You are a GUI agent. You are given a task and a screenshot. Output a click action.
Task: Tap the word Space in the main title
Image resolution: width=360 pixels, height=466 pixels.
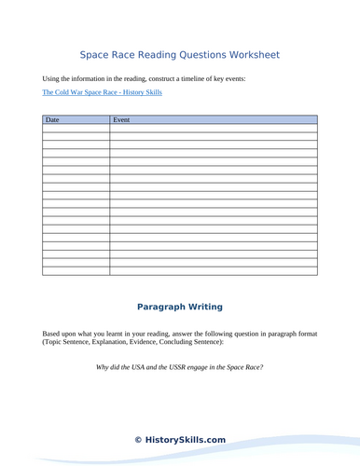(96, 55)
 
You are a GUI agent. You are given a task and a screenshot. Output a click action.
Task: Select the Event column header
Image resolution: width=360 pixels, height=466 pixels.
(121, 120)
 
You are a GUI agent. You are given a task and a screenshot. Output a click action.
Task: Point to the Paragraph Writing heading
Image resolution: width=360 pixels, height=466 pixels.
(180, 307)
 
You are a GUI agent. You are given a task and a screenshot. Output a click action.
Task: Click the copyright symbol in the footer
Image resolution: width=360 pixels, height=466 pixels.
(138, 439)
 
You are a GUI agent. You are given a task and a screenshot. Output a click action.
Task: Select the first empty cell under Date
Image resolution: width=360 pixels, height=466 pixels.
(76, 130)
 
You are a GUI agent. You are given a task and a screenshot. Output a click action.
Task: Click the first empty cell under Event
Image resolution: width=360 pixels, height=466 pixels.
(214, 130)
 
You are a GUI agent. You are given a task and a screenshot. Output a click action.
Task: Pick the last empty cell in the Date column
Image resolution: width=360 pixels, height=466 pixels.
(76, 271)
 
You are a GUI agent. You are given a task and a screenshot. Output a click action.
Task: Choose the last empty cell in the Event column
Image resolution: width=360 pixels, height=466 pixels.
(214, 271)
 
